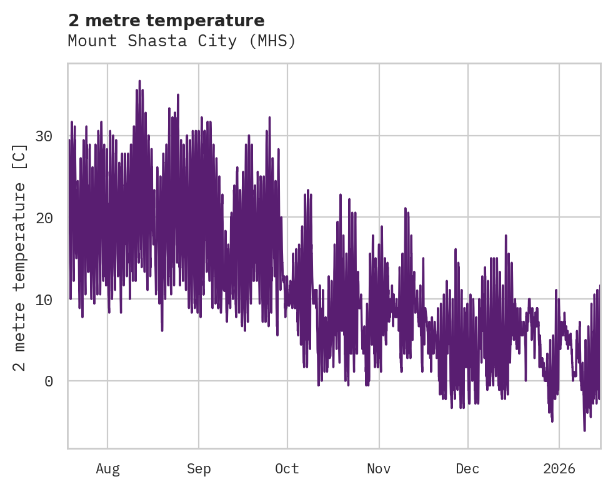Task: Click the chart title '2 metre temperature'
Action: pyautogui.click(x=166, y=21)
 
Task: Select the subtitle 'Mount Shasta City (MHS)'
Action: pyautogui.click(x=181, y=41)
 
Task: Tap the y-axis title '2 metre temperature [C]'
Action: pyautogui.click(x=21, y=257)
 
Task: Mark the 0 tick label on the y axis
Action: pyautogui.click(x=49, y=381)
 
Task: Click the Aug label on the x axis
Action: pyautogui.click(x=107, y=469)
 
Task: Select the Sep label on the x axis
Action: pyautogui.click(x=199, y=469)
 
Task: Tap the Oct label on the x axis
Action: pyautogui.click(x=287, y=469)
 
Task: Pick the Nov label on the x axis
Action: pyautogui.click(x=379, y=469)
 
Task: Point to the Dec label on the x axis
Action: pyautogui.click(x=467, y=469)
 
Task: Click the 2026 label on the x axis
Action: pyautogui.click(x=559, y=469)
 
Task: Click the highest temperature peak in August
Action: pyautogui.click(x=139, y=81)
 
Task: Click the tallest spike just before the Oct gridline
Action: pyautogui.click(x=269, y=118)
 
